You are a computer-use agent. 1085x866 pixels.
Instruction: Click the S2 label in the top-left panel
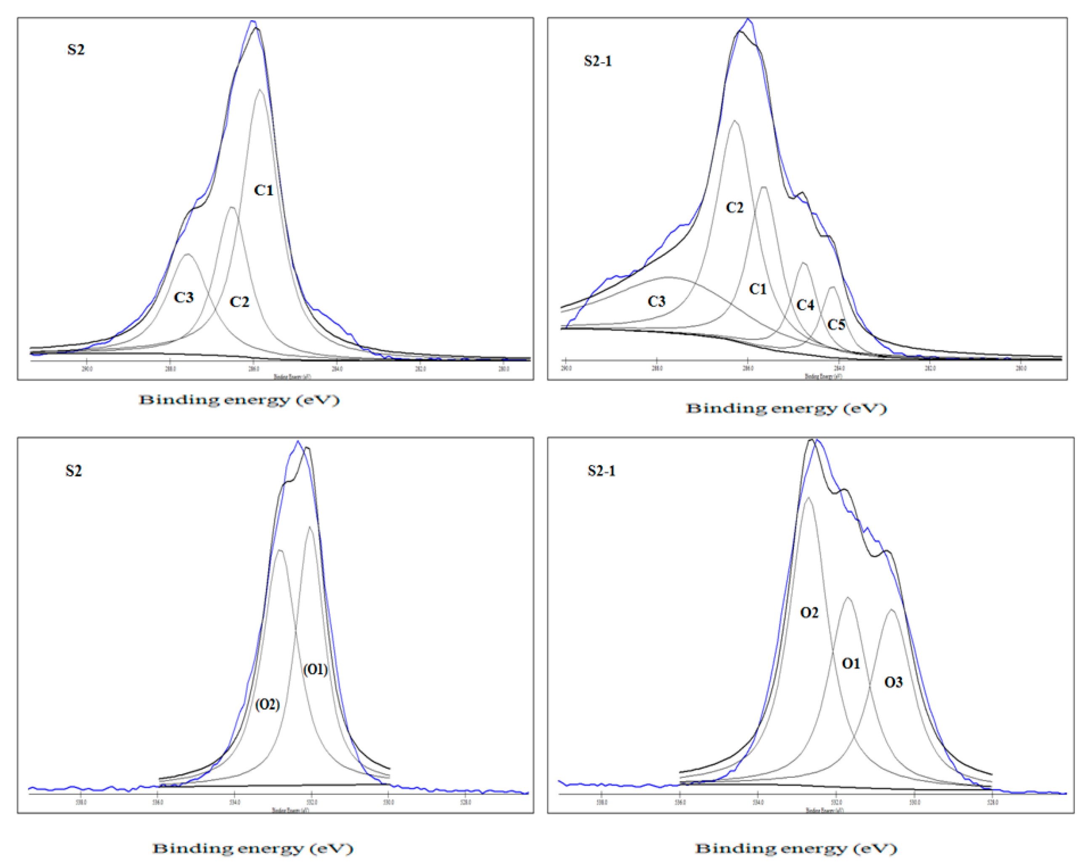coord(76,50)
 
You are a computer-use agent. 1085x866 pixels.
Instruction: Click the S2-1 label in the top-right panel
coord(597,61)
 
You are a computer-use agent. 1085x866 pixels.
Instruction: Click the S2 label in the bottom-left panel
coord(74,471)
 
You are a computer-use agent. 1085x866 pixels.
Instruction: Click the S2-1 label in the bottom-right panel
coord(601,471)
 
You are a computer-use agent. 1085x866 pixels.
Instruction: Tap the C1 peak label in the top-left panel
coord(263,190)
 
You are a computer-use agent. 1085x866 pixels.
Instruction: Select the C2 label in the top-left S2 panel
coord(239,302)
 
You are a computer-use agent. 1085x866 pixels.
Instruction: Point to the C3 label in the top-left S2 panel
coord(184,297)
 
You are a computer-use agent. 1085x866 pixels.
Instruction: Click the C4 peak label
coord(805,305)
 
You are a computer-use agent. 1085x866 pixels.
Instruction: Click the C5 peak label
coord(836,325)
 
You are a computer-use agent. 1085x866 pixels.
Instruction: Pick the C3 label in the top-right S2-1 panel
coord(656,302)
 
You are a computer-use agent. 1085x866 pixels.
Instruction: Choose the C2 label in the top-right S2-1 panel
coord(734,208)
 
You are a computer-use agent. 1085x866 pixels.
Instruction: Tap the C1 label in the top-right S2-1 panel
coord(757,289)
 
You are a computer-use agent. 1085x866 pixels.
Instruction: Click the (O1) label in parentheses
coord(315,670)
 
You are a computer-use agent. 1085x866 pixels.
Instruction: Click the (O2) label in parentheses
coord(267,704)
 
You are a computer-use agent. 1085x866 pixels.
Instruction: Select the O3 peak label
coord(893,682)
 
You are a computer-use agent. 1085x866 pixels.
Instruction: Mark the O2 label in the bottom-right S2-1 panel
coord(809,613)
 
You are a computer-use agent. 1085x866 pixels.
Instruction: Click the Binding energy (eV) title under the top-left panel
coord(239,400)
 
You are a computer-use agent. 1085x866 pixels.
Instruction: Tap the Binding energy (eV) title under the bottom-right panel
coord(796,849)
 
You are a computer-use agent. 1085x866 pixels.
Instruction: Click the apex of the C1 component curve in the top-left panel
coord(260,90)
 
